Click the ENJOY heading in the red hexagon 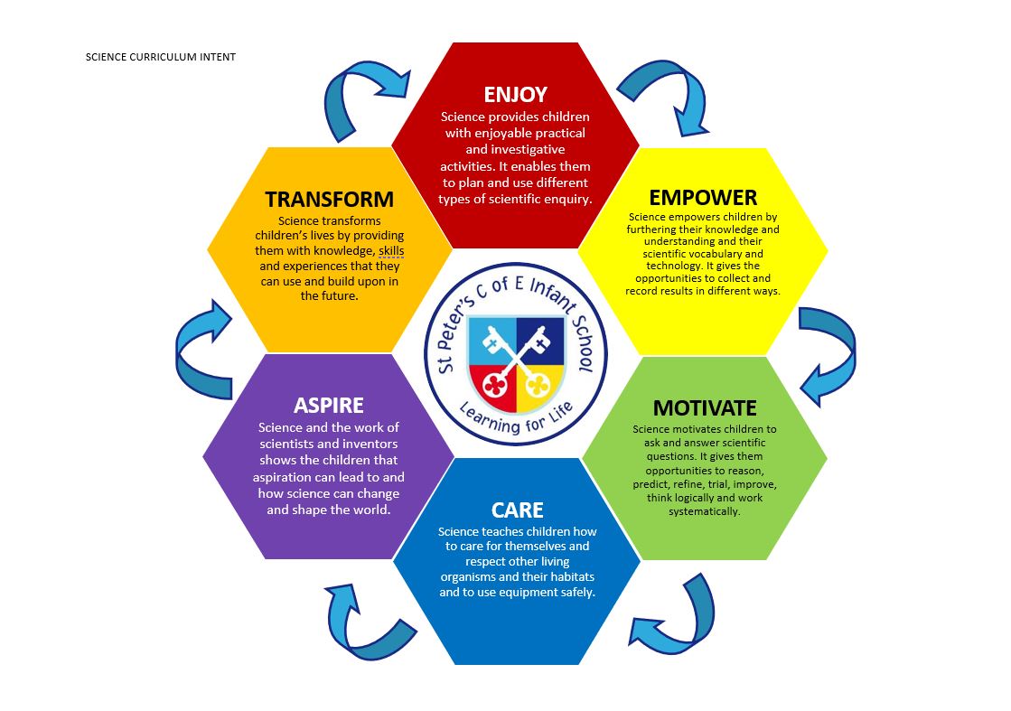coord(515,95)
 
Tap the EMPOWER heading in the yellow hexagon coord(702,197)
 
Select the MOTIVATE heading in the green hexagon coord(704,407)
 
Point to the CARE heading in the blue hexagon coord(517,510)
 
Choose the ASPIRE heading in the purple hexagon coord(328,404)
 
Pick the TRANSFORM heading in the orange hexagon coord(329,199)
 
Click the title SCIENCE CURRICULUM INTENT coord(160,57)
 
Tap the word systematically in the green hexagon coord(704,511)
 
